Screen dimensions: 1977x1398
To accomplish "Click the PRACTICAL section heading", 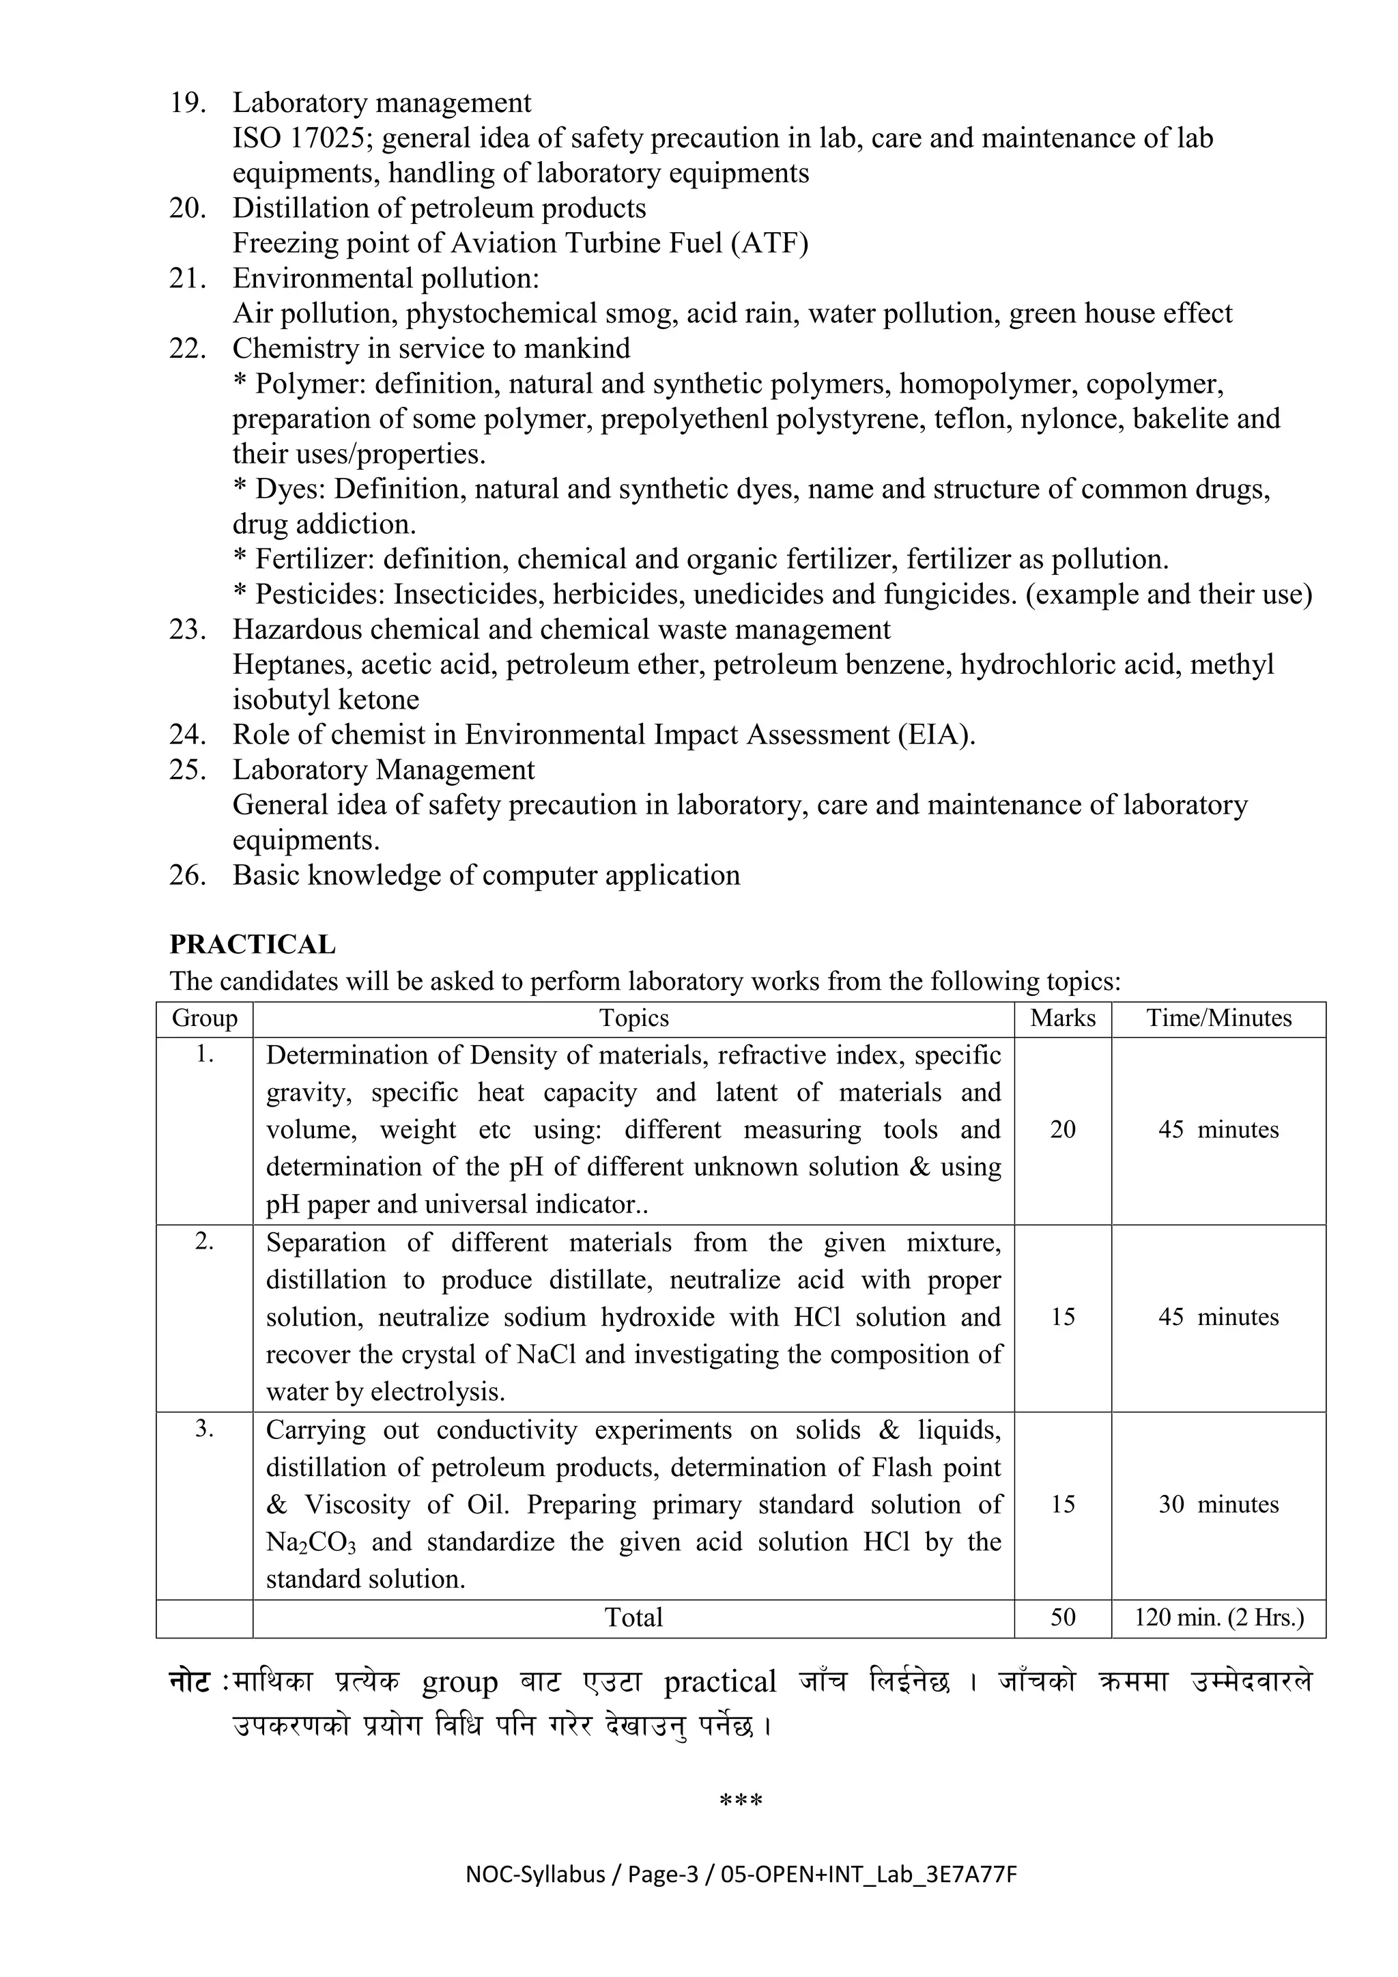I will coord(252,945).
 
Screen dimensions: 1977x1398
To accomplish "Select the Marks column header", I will coord(1062,1018).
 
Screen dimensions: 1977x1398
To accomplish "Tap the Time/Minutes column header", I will coord(1218,1018).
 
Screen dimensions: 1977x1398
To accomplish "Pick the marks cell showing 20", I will coord(1062,1129).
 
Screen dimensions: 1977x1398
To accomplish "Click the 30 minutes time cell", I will coord(1218,1505).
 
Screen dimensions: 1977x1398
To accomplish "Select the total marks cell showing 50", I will coord(1062,1617).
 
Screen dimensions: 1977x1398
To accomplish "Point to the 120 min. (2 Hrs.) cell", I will coord(1218,1617).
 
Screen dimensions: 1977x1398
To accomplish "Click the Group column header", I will coord(205,1018).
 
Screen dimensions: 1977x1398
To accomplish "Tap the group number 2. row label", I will coord(205,1241).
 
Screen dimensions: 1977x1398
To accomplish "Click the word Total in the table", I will coord(633,1617).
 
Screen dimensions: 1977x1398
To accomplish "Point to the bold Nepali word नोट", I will coord(189,1683).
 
